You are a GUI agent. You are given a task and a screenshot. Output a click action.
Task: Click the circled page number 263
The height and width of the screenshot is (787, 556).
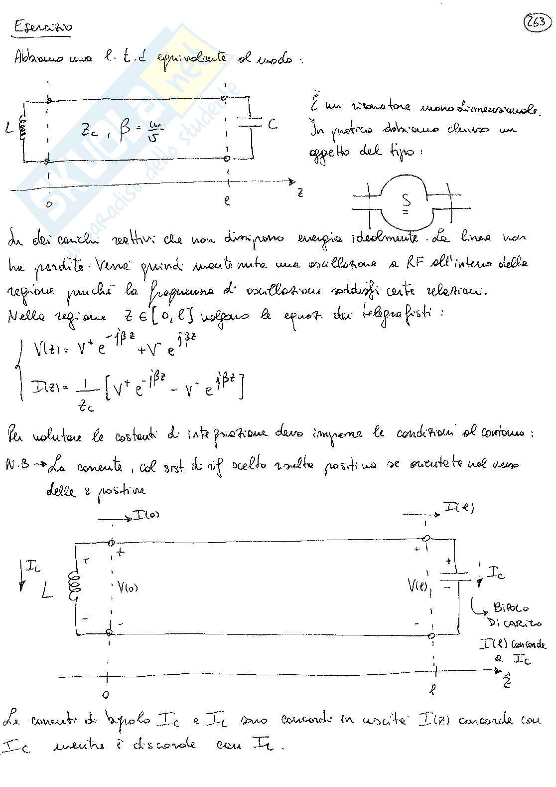pos(537,22)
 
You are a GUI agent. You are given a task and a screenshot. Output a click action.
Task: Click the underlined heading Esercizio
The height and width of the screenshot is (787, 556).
pos(42,26)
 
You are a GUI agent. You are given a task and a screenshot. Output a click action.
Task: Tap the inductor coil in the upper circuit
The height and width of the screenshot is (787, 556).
pos(21,129)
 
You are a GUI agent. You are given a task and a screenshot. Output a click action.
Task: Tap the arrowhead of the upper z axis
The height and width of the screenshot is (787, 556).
pos(292,182)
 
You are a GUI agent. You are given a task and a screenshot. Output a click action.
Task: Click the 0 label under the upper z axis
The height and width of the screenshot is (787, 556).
pos(48,204)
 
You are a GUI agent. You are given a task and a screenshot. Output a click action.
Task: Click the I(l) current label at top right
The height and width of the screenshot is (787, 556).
pos(458,508)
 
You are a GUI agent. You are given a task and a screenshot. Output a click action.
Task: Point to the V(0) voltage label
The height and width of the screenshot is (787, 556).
pos(128,587)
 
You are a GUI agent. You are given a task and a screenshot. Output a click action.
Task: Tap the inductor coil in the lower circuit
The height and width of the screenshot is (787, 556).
pos(75,586)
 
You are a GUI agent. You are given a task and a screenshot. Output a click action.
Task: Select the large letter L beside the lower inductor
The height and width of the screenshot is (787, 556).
pos(48,592)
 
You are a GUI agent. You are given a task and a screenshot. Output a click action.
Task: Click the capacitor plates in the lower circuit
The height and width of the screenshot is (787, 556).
pos(455,577)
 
